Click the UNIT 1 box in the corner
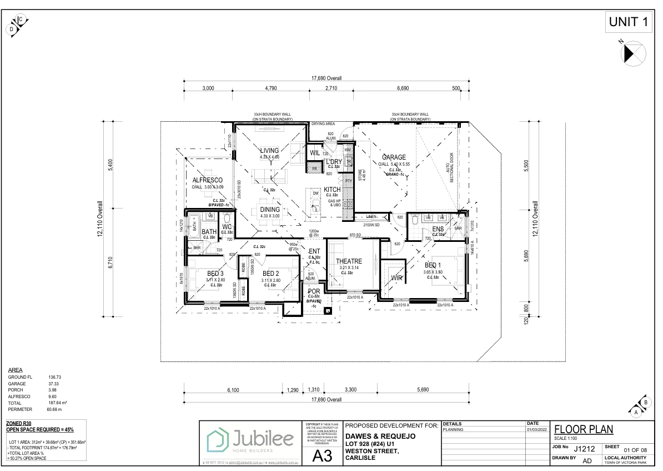629,22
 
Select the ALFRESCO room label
208,180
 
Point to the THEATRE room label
349,261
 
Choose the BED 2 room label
270,274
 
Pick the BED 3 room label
215,274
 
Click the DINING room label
269,210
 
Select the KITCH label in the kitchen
332,190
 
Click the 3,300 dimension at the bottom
350,390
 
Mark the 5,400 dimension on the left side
110,166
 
